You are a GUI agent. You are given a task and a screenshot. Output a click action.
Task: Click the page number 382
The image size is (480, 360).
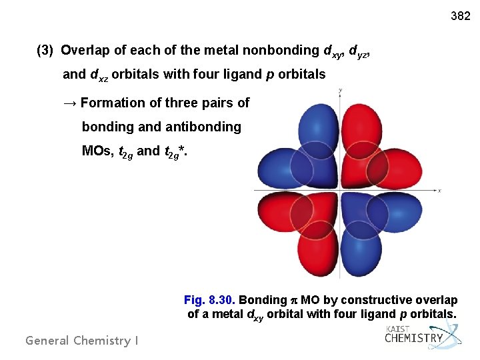tap(460, 15)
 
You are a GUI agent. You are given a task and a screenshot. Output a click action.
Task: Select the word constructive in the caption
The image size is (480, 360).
tap(377, 300)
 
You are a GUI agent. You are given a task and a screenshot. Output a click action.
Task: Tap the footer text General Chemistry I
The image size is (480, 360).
tap(81, 340)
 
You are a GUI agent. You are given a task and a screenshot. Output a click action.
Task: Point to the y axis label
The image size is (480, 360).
tap(340, 89)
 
